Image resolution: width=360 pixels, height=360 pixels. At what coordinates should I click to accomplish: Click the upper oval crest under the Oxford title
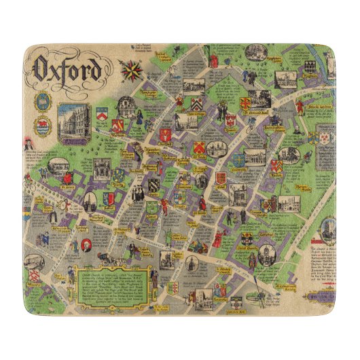(43, 102)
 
